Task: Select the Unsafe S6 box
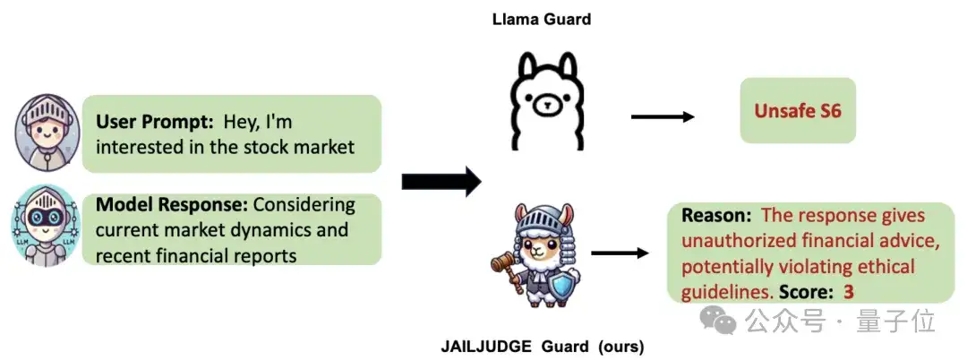pos(797,110)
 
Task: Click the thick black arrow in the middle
pos(441,182)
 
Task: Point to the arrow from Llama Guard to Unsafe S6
pos(663,116)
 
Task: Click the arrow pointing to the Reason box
pos(620,253)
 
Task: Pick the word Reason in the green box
pos(716,216)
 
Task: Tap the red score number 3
pos(849,292)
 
